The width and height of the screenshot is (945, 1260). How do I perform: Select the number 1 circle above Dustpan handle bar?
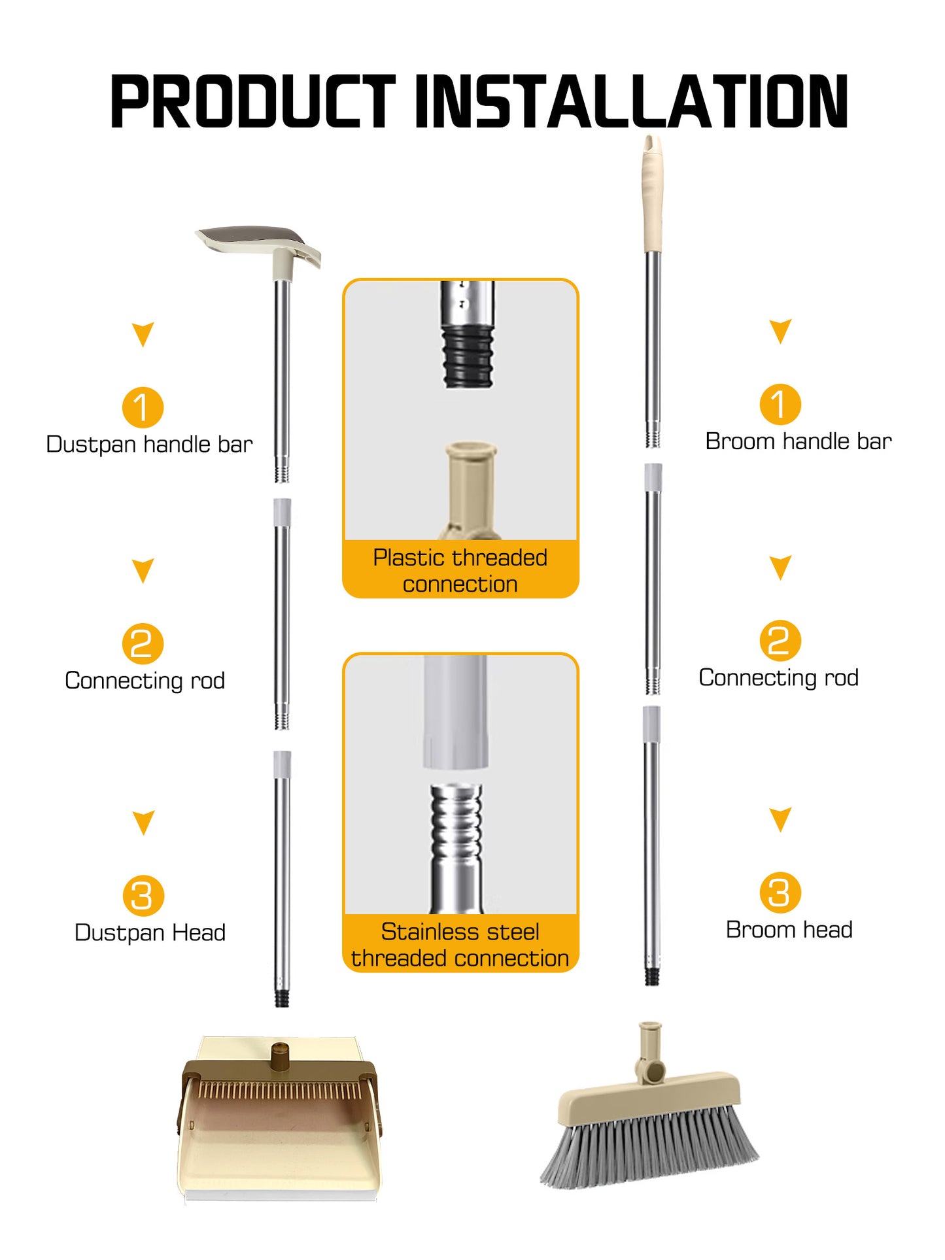pyautogui.click(x=143, y=407)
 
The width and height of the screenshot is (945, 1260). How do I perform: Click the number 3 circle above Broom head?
pyautogui.click(x=780, y=893)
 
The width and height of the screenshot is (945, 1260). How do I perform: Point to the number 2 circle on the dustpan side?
pyautogui.click(x=143, y=643)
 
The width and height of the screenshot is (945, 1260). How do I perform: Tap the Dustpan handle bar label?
pyautogui.click(x=149, y=445)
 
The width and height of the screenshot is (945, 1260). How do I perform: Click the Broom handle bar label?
pyautogui.click(x=799, y=441)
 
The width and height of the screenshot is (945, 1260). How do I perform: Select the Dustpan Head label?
pyautogui.click(x=150, y=932)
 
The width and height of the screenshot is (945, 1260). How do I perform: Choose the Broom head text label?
pyautogui.click(x=789, y=930)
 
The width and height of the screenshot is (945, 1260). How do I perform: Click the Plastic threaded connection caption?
pyautogui.click(x=460, y=570)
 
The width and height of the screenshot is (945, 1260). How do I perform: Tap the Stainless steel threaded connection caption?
pyautogui.click(x=460, y=944)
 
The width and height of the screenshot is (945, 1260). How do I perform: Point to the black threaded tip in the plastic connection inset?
pyautogui.click(x=468, y=356)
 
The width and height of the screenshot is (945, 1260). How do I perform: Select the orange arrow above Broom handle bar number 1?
pyautogui.click(x=780, y=332)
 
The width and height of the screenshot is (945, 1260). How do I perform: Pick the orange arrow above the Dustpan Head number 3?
pyautogui.click(x=143, y=823)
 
